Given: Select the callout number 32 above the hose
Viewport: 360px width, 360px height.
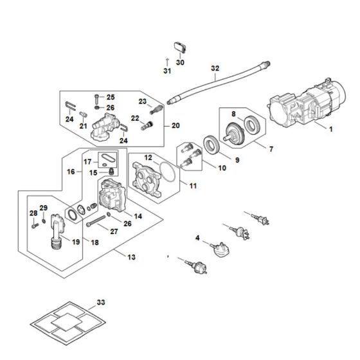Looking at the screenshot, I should click(x=215, y=67).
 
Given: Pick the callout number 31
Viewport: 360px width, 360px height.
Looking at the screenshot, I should click(x=166, y=70).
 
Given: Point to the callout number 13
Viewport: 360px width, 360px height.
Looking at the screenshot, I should click(x=132, y=257).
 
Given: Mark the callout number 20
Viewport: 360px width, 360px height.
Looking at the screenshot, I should click(x=176, y=127).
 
